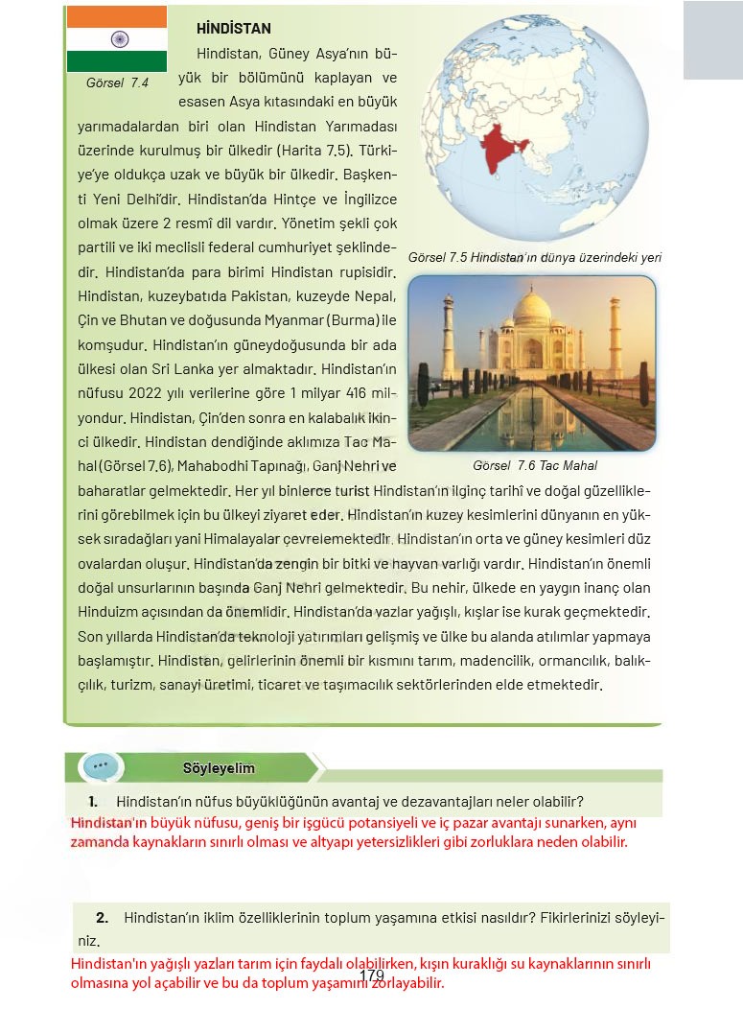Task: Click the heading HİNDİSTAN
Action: tap(233, 29)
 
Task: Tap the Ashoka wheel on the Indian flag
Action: tap(118, 39)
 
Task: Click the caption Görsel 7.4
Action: tap(117, 83)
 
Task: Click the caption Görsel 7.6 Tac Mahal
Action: tap(534, 466)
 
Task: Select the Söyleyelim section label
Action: tap(219, 768)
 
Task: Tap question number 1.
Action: tap(93, 801)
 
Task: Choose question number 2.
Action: tap(102, 917)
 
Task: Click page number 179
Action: tap(372, 976)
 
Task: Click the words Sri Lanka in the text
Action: tap(178, 368)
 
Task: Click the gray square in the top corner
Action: tap(712, 39)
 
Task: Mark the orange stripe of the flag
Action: tap(117, 16)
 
